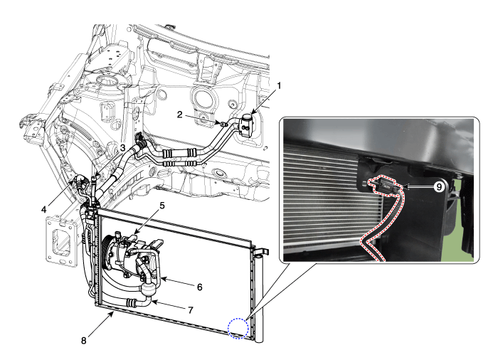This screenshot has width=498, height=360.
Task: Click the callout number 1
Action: [279, 86]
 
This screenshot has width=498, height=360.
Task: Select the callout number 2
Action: [180, 115]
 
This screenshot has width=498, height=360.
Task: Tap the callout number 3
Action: [122, 148]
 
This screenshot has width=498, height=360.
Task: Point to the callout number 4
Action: [44, 209]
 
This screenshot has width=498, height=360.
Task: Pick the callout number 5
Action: [162, 206]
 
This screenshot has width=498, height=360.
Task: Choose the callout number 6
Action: [199, 287]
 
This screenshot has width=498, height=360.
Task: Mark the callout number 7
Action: [191, 309]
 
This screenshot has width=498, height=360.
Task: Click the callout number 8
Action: [83, 341]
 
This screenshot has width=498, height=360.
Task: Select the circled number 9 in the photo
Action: [439, 187]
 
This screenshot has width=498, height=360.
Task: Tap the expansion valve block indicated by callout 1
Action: [248, 125]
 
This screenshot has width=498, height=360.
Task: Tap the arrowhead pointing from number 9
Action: [406, 187]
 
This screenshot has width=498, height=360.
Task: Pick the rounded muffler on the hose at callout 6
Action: [149, 289]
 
